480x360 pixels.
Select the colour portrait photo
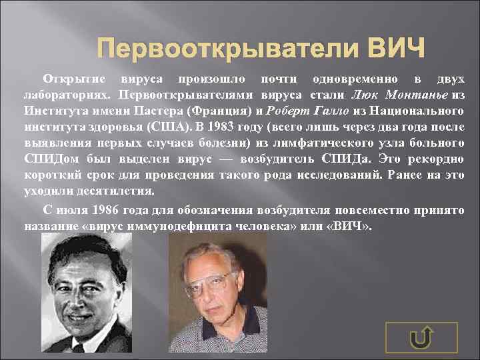217,296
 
